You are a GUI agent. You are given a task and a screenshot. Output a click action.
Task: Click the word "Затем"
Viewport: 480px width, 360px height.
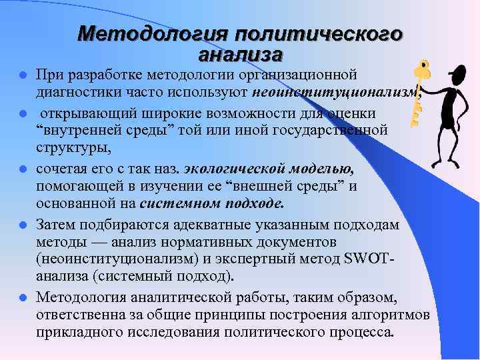point(55,223)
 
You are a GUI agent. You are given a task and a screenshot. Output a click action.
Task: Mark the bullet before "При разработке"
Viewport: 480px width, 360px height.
point(24,74)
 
